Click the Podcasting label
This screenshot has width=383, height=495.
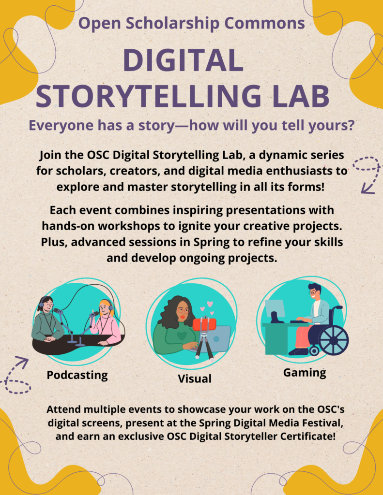pos(77,375)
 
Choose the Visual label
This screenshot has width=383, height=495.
pos(195,379)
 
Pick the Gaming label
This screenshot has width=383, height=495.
pos(305,373)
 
